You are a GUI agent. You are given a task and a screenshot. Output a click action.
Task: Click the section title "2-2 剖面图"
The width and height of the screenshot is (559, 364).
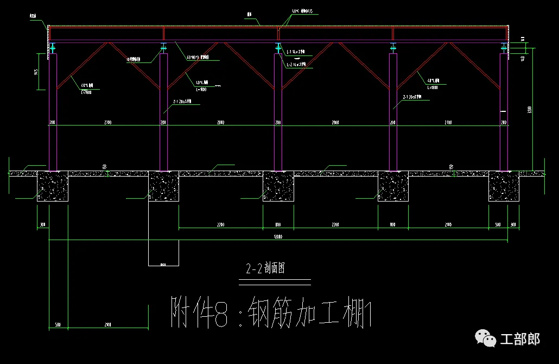coord(265,269)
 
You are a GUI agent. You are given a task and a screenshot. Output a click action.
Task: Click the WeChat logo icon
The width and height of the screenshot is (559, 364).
coord(486,338)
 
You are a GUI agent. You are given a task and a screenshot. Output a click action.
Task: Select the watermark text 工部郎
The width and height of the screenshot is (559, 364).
coord(520,340)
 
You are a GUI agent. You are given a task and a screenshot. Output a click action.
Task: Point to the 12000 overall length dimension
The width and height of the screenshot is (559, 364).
coord(277,237)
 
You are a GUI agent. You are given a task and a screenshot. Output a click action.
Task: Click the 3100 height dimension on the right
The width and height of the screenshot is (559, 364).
coord(530,109)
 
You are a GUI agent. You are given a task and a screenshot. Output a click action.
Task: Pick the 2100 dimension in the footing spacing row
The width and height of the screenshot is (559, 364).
coord(448,224)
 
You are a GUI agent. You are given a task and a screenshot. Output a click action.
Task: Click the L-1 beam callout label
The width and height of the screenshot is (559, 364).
coord(296,52)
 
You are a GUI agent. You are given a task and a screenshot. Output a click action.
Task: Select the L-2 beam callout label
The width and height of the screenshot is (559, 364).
coord(296,64)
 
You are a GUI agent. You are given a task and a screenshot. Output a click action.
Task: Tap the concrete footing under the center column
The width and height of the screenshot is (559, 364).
coord(278,186)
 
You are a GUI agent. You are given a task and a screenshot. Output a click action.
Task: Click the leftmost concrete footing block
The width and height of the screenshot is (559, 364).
coord(53,186)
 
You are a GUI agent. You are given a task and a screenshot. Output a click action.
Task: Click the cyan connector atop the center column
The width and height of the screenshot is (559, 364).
coord(278,48)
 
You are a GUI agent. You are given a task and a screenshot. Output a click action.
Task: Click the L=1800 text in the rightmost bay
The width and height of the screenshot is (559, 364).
coord(433,87)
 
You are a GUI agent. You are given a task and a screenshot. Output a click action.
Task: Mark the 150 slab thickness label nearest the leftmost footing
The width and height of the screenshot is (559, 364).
coord(104,166)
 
